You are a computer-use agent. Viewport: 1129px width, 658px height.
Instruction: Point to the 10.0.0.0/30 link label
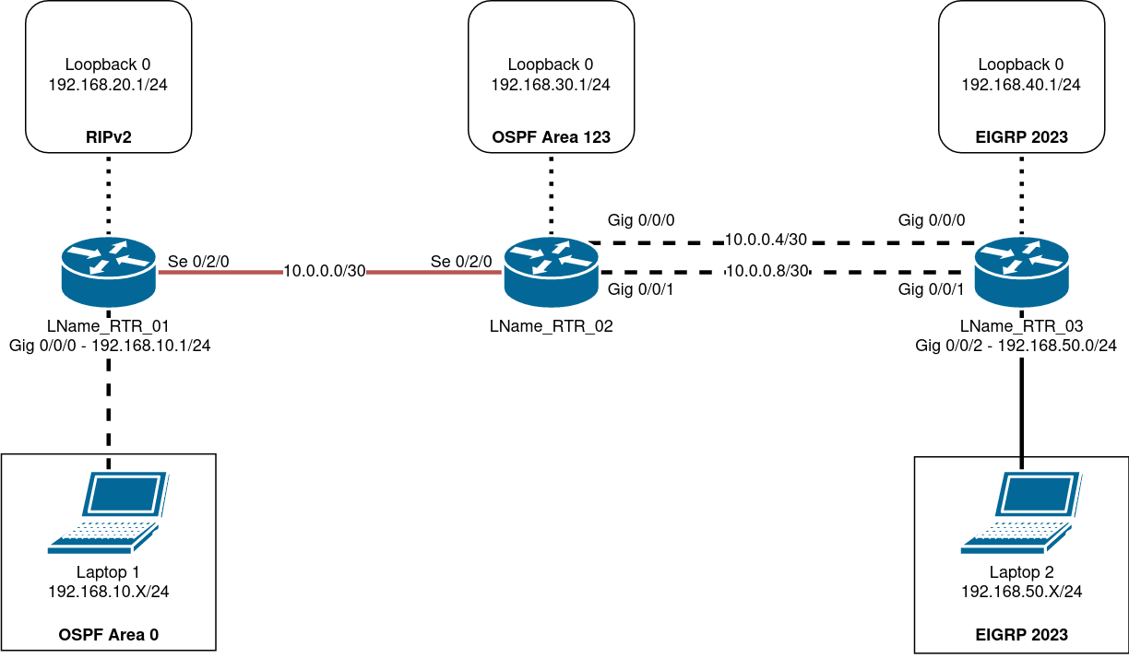324,272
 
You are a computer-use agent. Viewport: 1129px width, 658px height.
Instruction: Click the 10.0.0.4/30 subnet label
766,240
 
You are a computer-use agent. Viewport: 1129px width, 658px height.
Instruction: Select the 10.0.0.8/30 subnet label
766,272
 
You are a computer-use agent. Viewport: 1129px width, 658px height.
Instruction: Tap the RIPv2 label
108,137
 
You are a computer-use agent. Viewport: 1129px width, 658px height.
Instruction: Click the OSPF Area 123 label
552,137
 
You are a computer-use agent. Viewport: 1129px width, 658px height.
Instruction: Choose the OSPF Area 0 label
108,634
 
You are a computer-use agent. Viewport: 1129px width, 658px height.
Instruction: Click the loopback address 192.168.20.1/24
108,85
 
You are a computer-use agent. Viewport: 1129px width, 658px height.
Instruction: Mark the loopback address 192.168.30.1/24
551,85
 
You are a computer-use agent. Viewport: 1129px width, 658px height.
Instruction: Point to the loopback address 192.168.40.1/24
1021,85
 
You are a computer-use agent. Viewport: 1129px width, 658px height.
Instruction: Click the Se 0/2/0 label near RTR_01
198,261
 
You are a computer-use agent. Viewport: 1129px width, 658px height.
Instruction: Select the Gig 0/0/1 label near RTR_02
641,289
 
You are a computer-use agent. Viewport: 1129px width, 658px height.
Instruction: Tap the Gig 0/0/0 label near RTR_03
932,220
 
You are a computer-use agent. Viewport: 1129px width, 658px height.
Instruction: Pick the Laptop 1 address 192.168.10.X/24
108,592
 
